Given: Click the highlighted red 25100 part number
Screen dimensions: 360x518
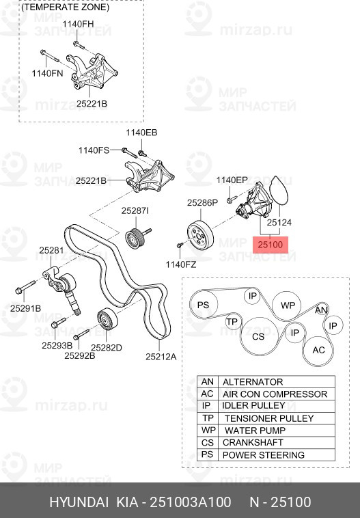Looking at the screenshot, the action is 270,245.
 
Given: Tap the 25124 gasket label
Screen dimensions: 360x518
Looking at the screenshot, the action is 279,222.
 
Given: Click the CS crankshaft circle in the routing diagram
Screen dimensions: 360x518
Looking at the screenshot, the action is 258,336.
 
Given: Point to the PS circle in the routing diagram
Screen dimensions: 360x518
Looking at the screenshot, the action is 204,305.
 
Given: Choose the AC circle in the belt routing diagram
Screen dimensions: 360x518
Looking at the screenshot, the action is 319,350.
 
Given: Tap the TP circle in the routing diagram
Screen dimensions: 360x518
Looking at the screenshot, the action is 232,322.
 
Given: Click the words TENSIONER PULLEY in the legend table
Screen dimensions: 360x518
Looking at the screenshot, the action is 269,418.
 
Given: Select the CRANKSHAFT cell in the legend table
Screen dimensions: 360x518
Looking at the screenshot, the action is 253,443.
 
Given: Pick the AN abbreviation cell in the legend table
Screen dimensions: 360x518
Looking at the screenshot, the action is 208,382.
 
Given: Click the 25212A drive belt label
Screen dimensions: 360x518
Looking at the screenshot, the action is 161,357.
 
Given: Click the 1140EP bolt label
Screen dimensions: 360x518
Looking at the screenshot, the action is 232,180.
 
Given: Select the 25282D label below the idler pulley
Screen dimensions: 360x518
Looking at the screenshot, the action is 107,348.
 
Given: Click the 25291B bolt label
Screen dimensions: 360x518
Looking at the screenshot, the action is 25,308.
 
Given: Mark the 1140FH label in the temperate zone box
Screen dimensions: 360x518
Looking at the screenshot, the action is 79,24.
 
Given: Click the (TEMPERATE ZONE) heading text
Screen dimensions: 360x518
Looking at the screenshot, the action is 66,8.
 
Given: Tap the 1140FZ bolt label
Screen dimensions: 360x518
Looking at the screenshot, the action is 181,264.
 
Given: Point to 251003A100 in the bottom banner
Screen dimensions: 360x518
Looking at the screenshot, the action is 191,502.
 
